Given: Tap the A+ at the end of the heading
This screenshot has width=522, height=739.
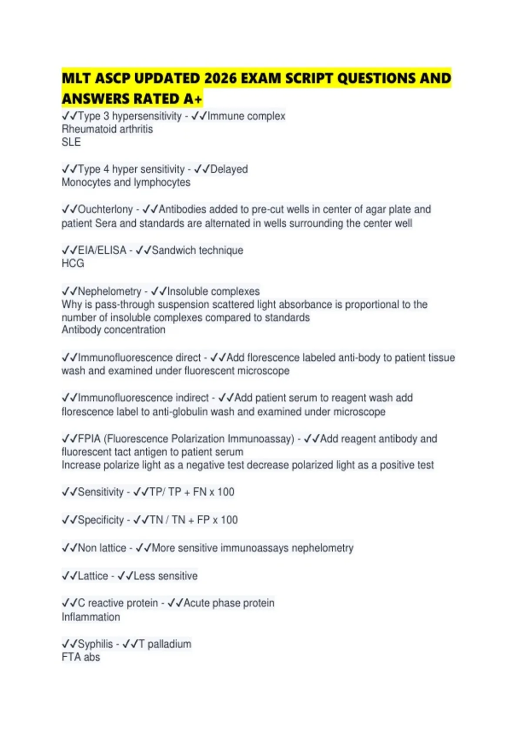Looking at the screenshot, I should click(192, 99).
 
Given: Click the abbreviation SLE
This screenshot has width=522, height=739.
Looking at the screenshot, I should click(71, 142).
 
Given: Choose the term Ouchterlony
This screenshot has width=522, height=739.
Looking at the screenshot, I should click(105, 210).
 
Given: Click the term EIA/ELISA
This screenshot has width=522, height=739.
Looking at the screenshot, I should click(102, 250).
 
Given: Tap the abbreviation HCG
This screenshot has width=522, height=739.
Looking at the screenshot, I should click(73, 263).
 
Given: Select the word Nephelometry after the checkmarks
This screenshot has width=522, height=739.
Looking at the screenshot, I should click(109, 291).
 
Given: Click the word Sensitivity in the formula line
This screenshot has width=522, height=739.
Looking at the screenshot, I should click(100, 492).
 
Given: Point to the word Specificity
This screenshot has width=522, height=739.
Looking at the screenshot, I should click(100, 520).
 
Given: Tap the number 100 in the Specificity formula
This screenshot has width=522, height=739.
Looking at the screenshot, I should click(229, 520).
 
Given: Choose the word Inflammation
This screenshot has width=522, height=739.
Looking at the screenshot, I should click(90, 617).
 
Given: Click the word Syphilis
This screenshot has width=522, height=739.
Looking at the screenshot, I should click(95, 644).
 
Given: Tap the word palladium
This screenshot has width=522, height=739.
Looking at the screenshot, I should click(169, 644).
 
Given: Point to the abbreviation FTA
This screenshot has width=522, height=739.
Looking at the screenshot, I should click(71, 657).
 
